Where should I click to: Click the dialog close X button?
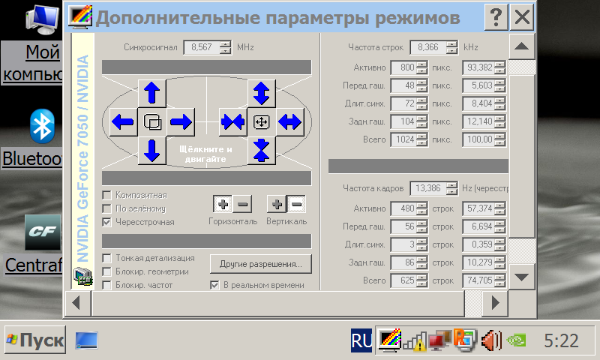(523, 16)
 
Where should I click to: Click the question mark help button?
(495, 16)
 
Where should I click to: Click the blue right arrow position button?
(181, 121)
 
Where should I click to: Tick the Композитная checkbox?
(107, 195)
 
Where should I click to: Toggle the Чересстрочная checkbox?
(107, 222)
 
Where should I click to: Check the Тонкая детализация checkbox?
(107, 258)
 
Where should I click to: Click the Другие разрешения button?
(260, 264)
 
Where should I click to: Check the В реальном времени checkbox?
(215, 285)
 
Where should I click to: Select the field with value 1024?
(405, 139)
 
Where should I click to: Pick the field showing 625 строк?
(405, 280)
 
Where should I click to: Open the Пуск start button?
(34, 340)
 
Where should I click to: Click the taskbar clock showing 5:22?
(560, 341)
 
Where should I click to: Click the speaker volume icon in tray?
(490, 341)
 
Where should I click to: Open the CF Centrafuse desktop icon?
(43, 232)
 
